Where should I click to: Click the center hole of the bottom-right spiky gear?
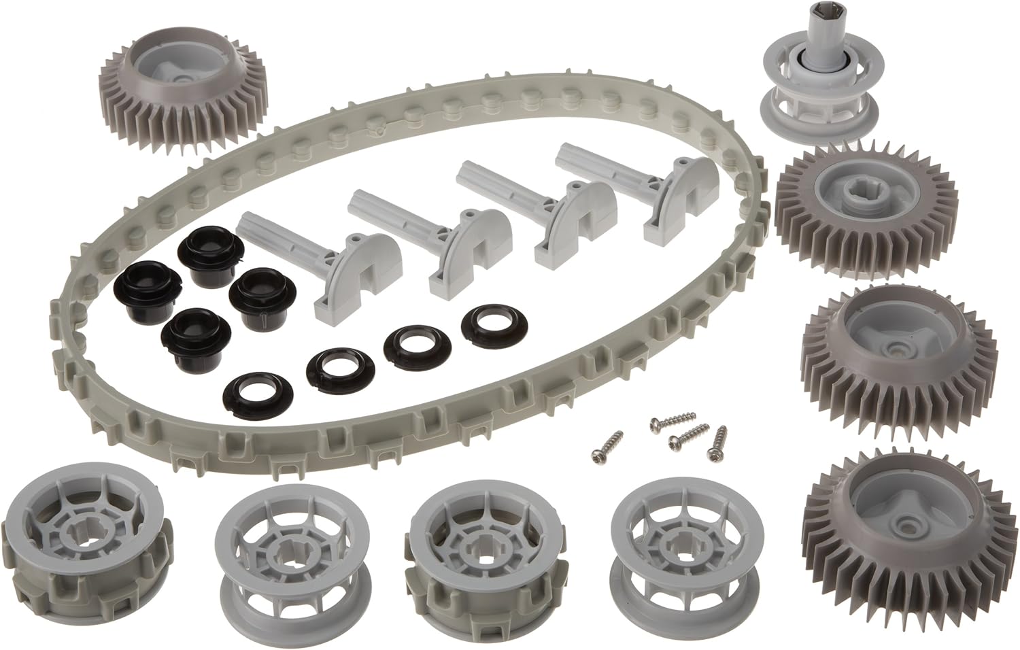click(904, 526)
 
